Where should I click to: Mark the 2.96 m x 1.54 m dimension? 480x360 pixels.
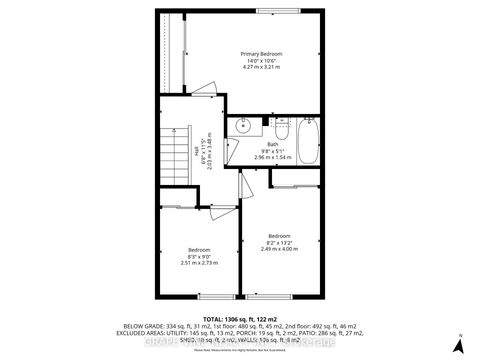tap(272, 157)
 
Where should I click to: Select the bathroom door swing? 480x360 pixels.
tap(245, 177)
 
